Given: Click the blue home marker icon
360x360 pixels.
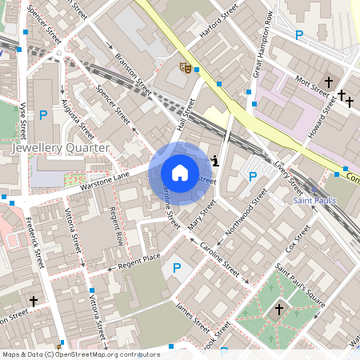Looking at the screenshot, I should point(180,173).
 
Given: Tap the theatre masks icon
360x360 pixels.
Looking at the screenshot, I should point(185,69).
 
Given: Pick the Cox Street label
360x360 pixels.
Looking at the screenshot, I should point(297,238).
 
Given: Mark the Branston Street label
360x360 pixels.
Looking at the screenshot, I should point(132,70).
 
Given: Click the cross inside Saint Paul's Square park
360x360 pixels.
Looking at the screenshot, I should point(279,309).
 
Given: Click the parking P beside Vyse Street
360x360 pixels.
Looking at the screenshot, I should point(43,115).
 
